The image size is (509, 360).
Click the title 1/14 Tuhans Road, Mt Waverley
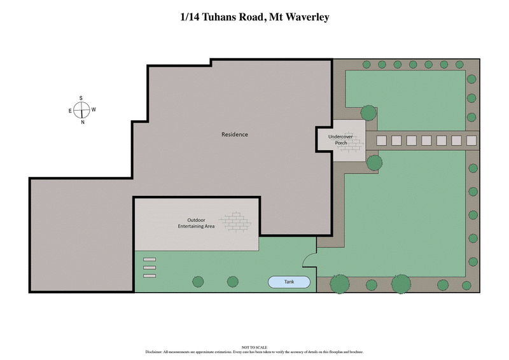click(x=254, y=17)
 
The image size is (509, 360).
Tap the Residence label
click(x=234, y=135)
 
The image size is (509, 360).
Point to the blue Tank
click(x=289, y=282)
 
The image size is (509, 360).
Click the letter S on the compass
click(x=81, y=98)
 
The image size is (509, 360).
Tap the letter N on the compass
click(x=82, y=122)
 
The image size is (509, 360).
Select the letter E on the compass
click(x=70, y=111)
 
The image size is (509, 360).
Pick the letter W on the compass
click(x=94, y=110)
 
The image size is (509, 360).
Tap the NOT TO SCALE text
click(x=254, y=348)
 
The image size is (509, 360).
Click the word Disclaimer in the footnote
click(x=157, y=352)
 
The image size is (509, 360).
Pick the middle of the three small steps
click(x=150, y=268)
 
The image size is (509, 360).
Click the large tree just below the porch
click(x=374, y=162)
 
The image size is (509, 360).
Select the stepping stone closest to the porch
click(x=382, y=141)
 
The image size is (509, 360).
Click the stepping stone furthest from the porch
click(x=471, y=141)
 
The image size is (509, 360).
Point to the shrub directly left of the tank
click(x=232, y=281)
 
